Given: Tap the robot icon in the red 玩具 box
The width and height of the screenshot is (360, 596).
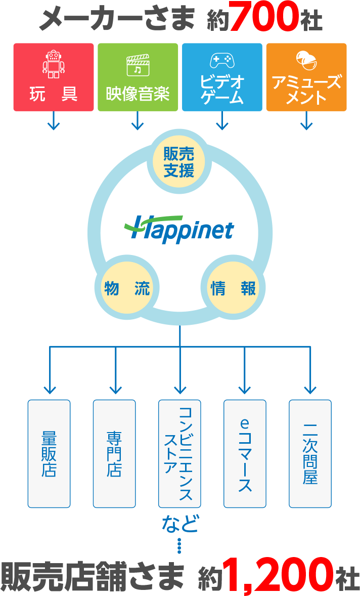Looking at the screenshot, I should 54,64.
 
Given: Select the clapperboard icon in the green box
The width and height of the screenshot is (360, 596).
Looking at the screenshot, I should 138,64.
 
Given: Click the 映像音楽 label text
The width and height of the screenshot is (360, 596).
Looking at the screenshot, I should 138,94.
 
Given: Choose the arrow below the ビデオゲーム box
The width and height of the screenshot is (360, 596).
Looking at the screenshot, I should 222,121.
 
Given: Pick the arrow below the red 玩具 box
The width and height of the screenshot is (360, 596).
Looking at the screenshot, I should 54,121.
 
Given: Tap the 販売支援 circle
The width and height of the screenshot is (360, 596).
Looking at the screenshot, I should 179,161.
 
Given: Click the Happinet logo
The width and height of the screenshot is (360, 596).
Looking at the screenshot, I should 179,230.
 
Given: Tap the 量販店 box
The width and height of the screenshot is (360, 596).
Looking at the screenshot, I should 49,454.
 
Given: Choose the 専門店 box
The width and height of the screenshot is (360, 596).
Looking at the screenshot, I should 114,454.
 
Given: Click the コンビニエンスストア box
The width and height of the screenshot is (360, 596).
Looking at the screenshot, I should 179,454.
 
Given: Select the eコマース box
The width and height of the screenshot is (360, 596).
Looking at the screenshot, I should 245,454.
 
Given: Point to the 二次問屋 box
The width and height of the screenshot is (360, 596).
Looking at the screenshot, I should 310,454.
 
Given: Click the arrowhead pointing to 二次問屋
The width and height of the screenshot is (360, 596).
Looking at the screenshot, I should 310,390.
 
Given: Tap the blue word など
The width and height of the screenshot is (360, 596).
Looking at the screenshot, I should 179,524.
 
